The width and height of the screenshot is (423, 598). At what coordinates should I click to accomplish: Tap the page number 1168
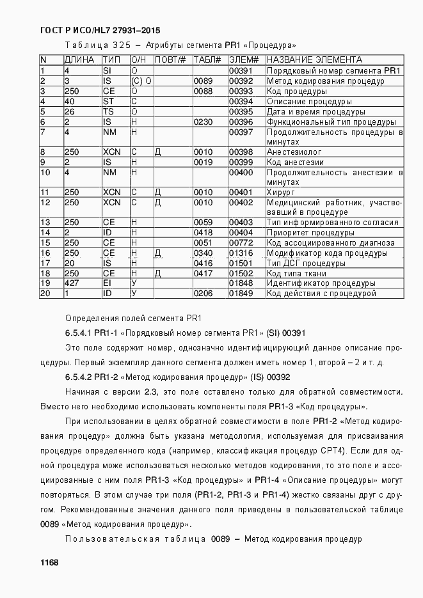click(x=49, y=562)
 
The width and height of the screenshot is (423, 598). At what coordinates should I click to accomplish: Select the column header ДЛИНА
click(x=79, y=60)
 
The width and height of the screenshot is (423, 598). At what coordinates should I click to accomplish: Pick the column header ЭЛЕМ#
click(x=243, y=60)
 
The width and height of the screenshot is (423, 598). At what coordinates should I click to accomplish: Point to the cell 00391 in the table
click(x=241, y=71)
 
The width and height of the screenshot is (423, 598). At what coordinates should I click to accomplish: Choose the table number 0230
click(x=203, y=122)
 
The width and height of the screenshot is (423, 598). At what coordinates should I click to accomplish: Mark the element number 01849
click(x=241, y=294)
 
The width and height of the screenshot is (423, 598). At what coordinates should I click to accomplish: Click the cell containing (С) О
click(x=141, y=81)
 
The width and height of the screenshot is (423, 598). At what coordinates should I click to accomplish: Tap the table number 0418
click(x=203, y=233)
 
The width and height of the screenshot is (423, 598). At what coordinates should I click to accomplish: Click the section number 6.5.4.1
click(x=77, y=333)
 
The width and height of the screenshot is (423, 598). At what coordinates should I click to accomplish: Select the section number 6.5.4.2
click(x=77, y=377)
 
